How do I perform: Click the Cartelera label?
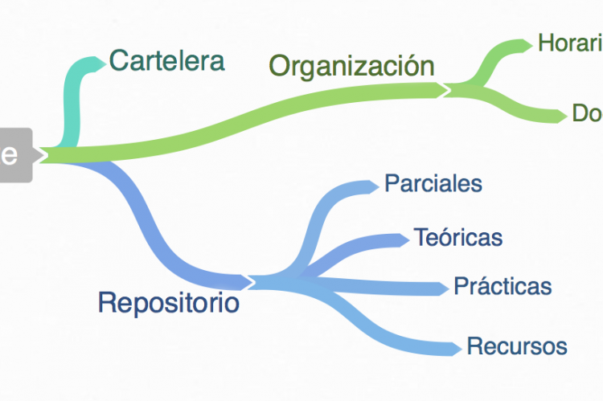(166, 59)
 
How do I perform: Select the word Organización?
(351, 65)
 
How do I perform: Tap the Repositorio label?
(168, 303)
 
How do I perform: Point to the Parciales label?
(433, 183)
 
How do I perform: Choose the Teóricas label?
(457, 237)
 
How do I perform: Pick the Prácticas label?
(503, 285)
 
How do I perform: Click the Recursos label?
(517, 346)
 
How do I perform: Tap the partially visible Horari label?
(569, 43)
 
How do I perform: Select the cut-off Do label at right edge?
(587, 113)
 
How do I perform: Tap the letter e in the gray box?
(10, 154)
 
